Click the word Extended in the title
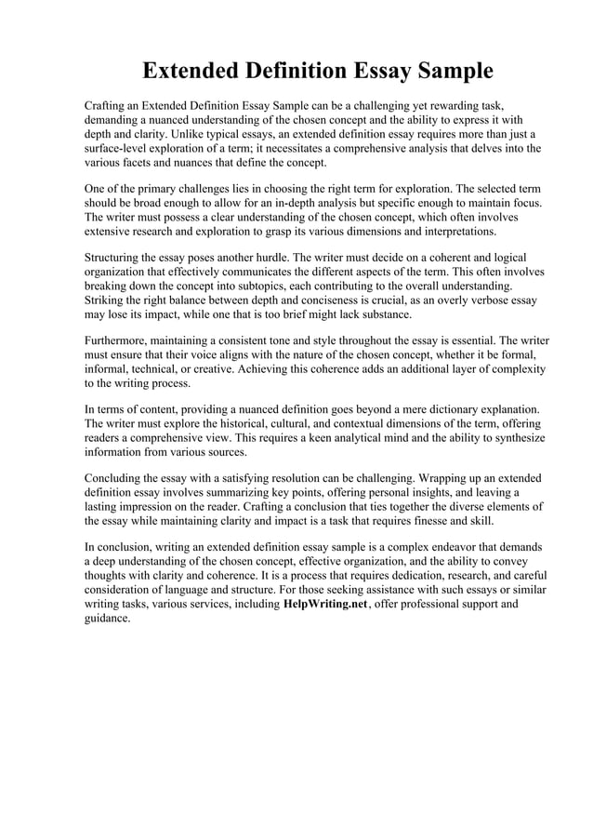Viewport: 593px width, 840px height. pyautogui.click(x=191, y=71)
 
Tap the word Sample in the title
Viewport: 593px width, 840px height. pyautogui.click(x=447, y=71)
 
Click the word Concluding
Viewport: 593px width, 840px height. pyautogui.click(x=116, y=477)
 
